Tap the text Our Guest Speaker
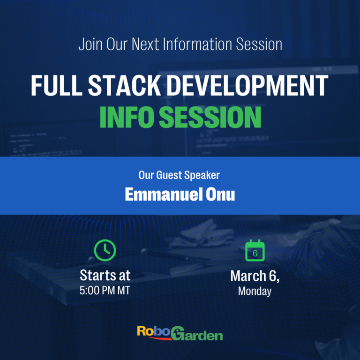179,175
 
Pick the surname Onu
221,195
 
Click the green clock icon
105,250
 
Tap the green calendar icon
255,250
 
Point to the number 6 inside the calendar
255,253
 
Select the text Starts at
105,275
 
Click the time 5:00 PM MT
105,290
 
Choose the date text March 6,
255,276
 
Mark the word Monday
255,291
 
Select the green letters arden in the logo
204,335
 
